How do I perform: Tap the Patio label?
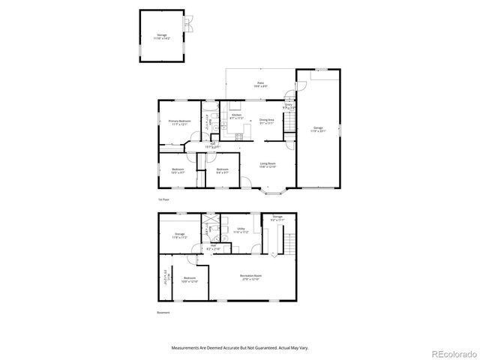[x=260, y=84]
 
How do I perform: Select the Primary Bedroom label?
[x=179, y=122]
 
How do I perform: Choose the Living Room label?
[x=268, y=164]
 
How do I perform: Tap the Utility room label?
[x=241, y=230]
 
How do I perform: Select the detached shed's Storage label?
[x=162, y=36]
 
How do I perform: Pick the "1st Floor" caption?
[x=163, y=200]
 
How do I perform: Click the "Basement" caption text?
[x=163, y=313]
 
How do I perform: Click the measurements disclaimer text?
[x=239, y=349]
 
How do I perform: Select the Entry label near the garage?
[x=289, y=106]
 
